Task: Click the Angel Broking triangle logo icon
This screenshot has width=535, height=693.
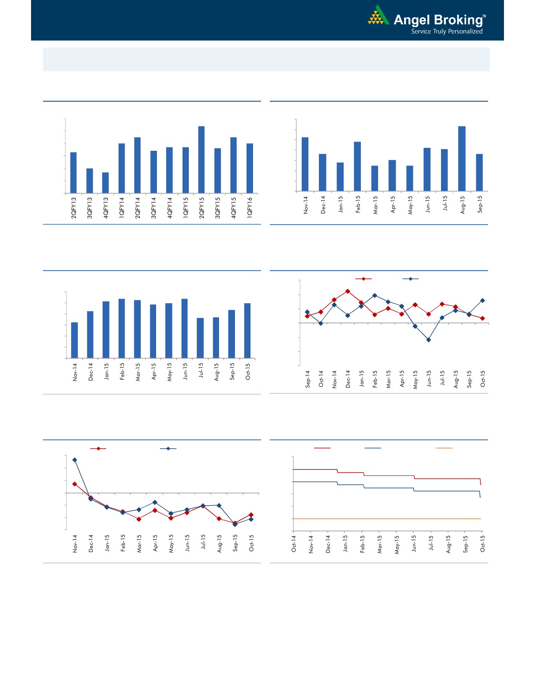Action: [378, 16]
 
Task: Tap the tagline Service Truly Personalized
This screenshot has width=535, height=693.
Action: [446, 31]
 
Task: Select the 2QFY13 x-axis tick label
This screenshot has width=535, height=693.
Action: [74, 207]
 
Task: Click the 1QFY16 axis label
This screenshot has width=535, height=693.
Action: [250, 207]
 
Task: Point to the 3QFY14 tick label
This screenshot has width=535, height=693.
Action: [154, 207]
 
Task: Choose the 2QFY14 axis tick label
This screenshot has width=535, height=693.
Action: [138, 207]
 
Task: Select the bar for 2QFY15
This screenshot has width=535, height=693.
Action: [201, 160]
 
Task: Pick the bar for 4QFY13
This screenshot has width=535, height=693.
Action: [105, 183]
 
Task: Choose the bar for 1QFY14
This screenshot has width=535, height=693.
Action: [122, 168]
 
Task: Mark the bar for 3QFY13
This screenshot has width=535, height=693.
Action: [90, 181]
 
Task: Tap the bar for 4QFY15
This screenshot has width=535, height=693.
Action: [233, 165]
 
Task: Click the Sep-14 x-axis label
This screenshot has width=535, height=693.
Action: [308, 379]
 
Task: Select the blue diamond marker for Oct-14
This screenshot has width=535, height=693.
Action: [321, 323]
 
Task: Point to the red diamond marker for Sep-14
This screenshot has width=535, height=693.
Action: [308, 316]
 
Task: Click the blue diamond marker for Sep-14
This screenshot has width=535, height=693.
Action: [307, 312]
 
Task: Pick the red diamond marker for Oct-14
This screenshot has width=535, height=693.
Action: [321, 312]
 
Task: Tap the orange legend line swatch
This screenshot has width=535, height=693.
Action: [444, 448]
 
